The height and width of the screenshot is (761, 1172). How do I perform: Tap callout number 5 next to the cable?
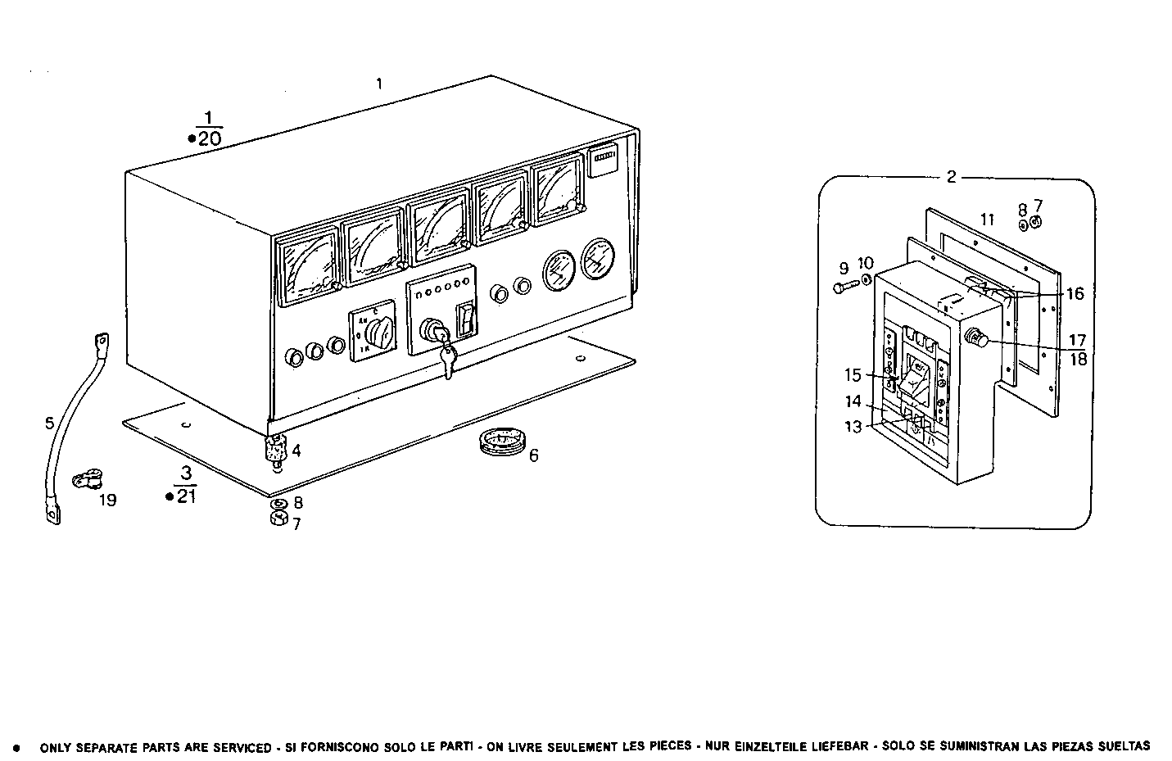pos(49,423)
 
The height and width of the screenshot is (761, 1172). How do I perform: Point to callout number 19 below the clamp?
pos(106,500)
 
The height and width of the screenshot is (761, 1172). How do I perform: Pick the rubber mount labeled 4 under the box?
pos(275,449)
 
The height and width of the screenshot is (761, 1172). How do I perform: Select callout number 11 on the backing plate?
pos(987,220)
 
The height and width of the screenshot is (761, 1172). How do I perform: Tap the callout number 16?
pos(1075,293)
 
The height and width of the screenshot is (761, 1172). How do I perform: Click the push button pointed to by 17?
pos(975,337)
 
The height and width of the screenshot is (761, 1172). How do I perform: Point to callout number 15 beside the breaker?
pos(853,375)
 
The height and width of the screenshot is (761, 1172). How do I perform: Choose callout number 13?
pos(853,427)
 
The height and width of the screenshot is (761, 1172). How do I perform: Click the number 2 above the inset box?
pos(951,177)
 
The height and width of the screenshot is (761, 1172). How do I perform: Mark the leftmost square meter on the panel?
pos(309,265)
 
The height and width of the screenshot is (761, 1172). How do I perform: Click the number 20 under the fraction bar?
pos(210,138)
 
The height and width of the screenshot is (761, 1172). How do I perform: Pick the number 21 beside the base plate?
pos(187,496)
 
